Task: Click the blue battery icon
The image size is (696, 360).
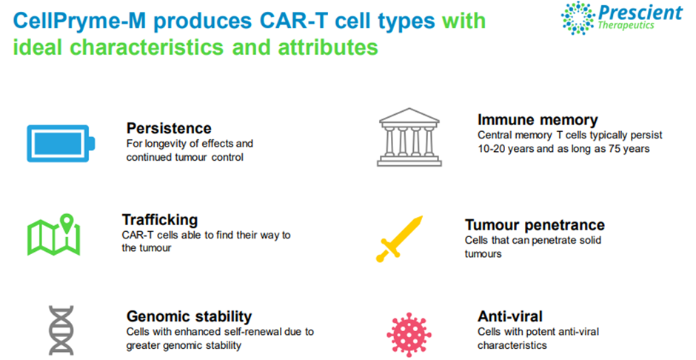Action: pos(61,144)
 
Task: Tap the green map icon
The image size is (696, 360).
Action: pos(54,235)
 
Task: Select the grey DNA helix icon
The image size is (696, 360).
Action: pos(61,330)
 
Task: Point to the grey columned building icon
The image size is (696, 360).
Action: pos(409,137)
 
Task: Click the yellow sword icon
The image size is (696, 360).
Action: pos(399,239)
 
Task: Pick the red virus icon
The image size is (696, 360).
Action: pos(409,335)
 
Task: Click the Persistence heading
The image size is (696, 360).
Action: pos(169,128)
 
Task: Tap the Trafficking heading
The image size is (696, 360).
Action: pos(160,220)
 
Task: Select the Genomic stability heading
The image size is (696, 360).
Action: pos(189,316)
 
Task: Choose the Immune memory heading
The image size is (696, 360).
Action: pos(538,120)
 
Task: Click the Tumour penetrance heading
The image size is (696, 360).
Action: pos(535,225)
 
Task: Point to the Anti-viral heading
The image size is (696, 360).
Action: pos(510,316)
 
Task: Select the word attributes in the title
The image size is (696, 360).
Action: pos(328,47)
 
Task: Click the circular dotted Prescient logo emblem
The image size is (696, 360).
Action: pos(578,18)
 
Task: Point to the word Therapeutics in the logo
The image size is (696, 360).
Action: pos(626,25)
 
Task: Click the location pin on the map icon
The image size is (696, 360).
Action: pos(66,223)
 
